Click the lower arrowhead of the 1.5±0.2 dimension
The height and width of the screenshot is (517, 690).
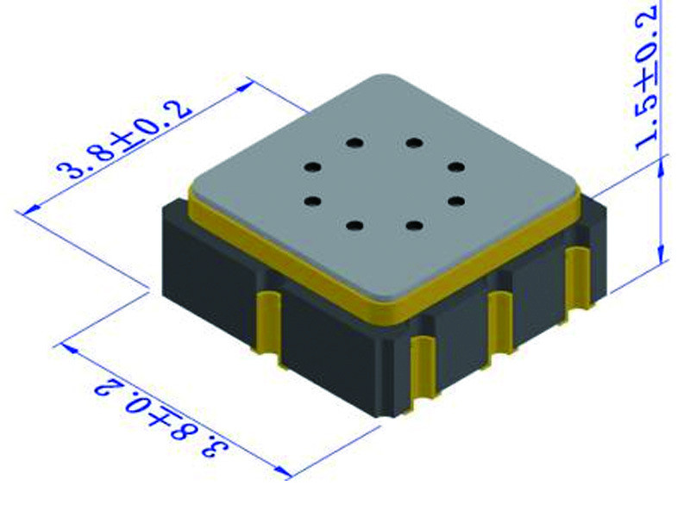pyautogui.click(x=661, y=253)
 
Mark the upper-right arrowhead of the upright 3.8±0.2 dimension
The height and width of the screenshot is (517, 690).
pyautogui.click(x=245, y=86)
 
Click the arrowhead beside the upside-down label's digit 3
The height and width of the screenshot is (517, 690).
pyautogui.click(x=282, y=472)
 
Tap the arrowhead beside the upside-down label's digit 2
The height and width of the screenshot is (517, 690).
pyautogui.click(x=69, y=349)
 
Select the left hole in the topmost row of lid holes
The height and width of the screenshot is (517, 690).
pyautogui.click(x=354, y=142)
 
